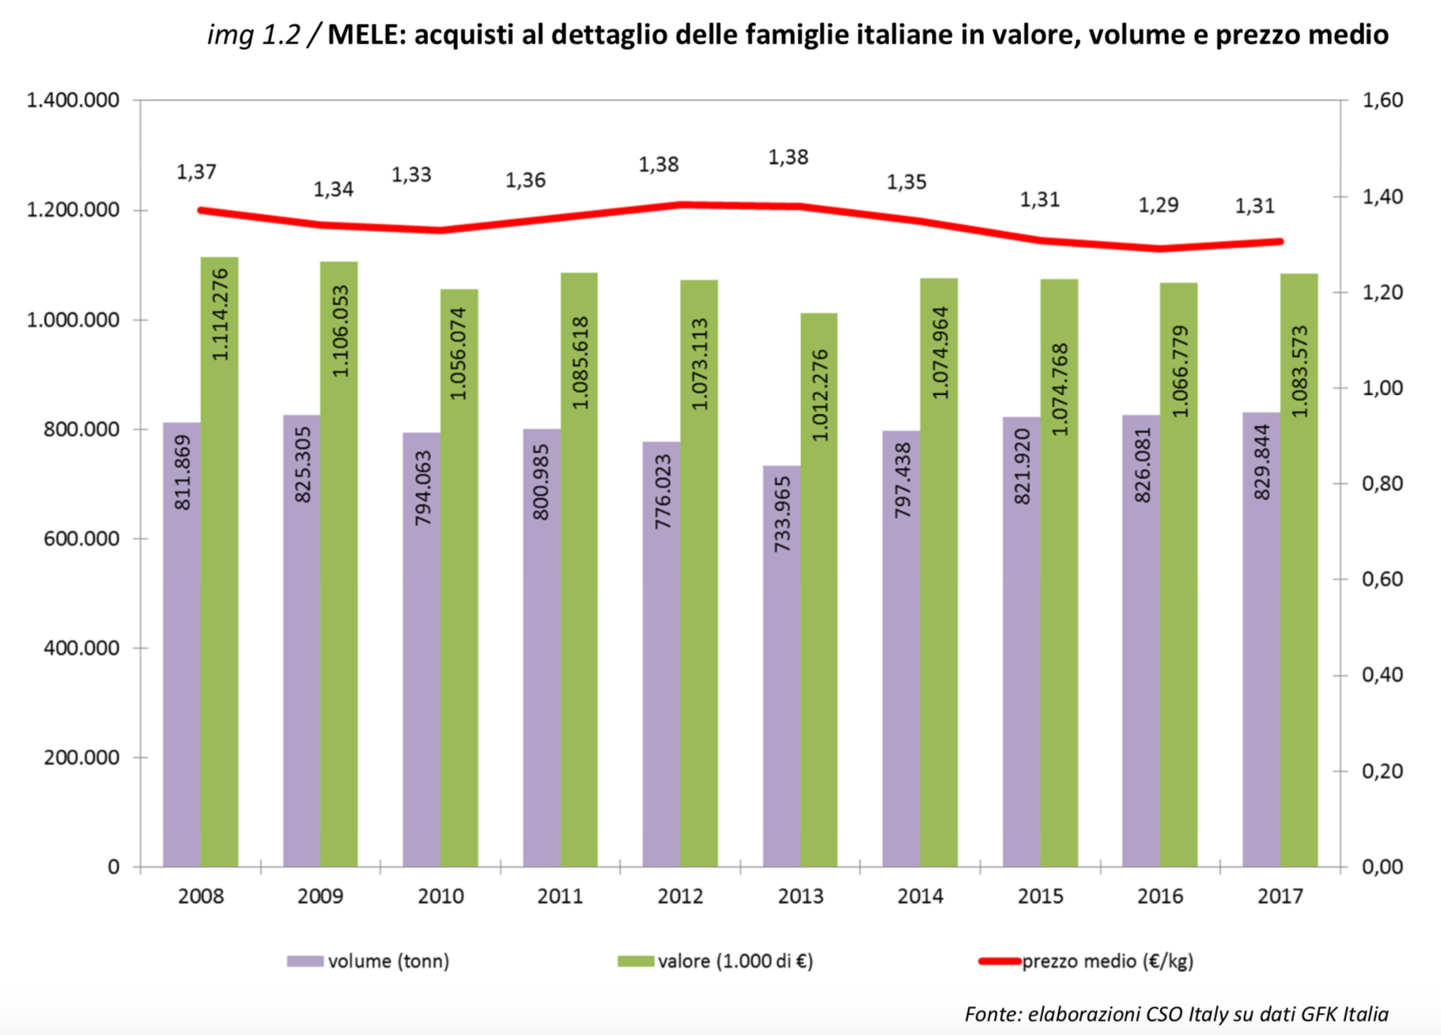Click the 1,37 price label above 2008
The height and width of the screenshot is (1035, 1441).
[196, 172]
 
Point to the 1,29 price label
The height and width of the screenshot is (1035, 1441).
[1158, 205]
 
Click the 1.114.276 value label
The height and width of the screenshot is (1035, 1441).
[220, 315]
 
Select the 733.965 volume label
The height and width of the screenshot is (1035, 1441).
[782, 514]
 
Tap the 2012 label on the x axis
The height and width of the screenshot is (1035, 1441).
[680, 897]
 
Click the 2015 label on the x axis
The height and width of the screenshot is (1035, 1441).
[1040, 897]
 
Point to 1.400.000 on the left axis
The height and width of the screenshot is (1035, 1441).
[73, 100]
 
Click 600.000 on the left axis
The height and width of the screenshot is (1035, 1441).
[81, 539]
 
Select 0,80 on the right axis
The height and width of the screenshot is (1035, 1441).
[1382, 483]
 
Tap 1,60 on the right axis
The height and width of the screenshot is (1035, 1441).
[1382, 100]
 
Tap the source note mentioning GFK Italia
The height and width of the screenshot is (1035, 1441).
[1176, 1014]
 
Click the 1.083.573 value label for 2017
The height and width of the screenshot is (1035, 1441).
[1299, 371]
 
